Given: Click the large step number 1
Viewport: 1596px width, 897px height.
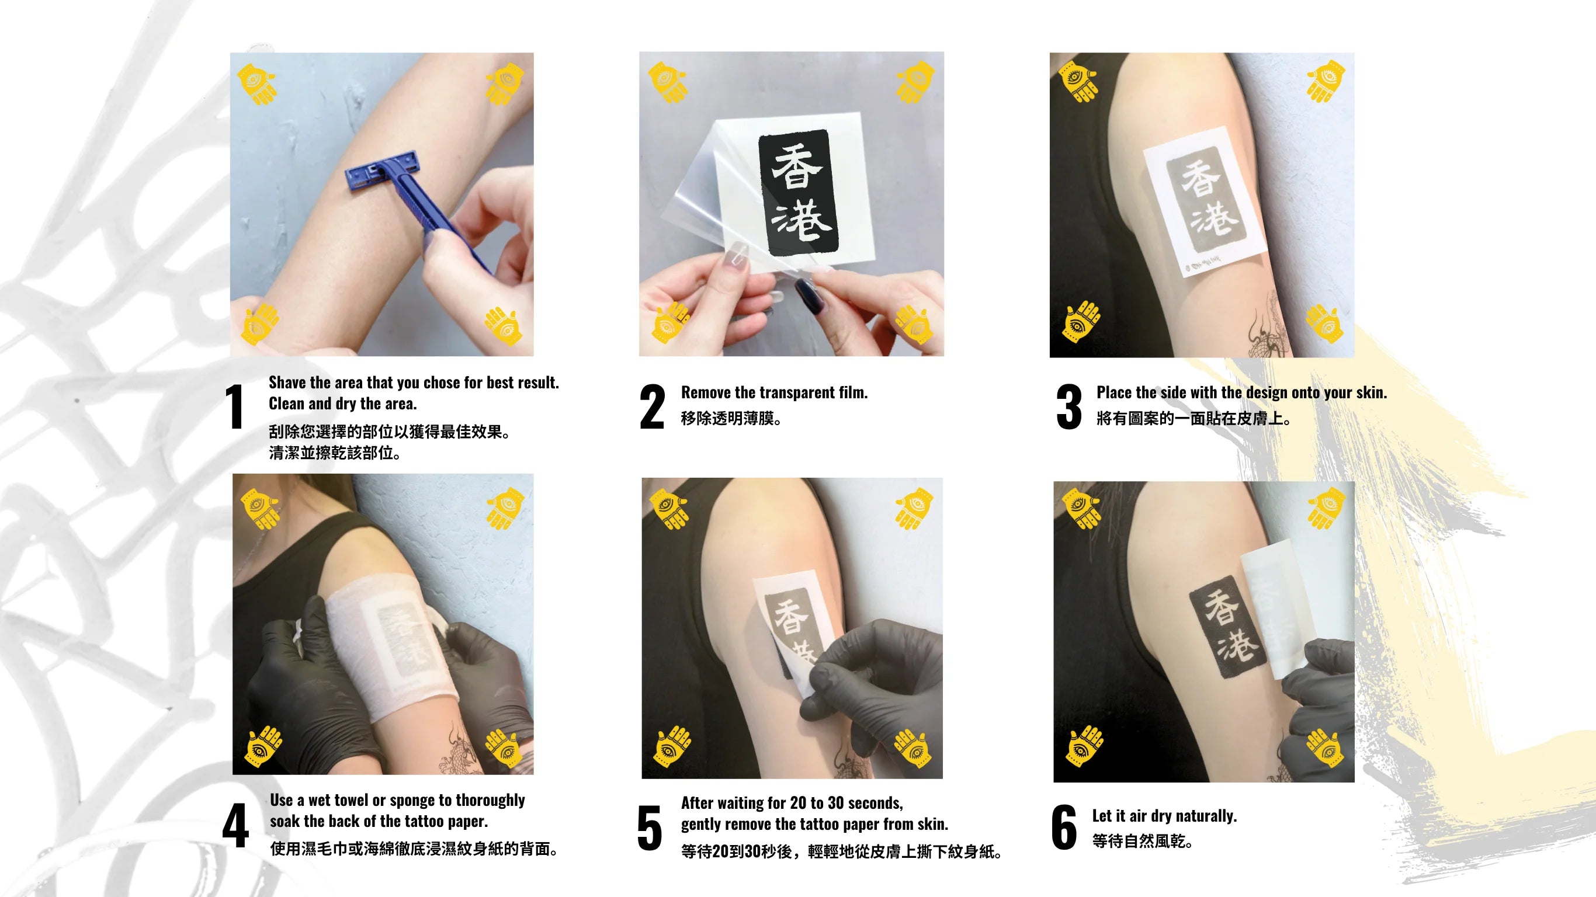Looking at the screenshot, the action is coord(234,406).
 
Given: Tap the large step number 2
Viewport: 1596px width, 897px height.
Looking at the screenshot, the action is coord(653,406).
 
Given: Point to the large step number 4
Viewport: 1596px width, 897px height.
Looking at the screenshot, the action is coord(236,825).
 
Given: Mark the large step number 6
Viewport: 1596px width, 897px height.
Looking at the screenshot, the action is coord(1064,827).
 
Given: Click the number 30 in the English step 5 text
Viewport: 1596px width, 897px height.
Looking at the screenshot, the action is coord(836,803).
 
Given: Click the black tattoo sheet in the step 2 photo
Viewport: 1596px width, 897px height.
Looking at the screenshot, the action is coord(799,193).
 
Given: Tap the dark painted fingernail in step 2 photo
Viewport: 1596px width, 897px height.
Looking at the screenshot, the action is coord(810,295).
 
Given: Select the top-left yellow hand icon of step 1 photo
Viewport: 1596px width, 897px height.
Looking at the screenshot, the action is coord(256,84).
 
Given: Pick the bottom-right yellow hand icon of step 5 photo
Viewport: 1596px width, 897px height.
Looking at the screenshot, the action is coord(913,747).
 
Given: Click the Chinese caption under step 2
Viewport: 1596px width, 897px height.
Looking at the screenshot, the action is coord(731,419).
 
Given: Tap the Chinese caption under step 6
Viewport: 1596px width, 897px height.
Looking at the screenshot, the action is coord(1143,842).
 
